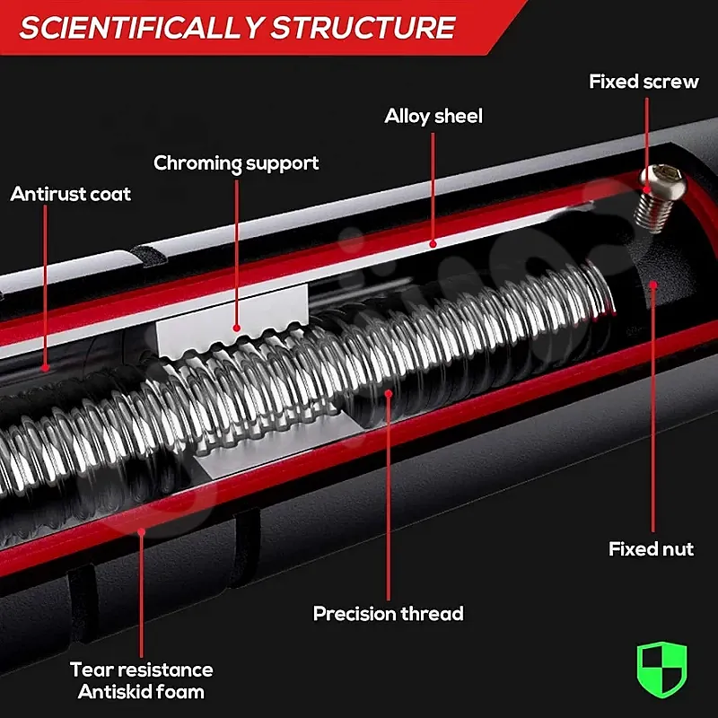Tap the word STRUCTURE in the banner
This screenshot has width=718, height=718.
click(363, 28)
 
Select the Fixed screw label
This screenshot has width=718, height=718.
click(644, 82)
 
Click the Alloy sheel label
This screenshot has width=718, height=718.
click(433, 117)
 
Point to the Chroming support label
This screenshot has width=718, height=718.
click(236, 164)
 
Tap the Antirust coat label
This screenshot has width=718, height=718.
click(71, 194)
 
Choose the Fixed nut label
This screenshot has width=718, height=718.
click(651, 548)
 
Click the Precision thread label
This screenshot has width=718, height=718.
click(389, 614)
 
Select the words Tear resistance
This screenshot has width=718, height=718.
click(142, 670)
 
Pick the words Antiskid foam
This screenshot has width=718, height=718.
click(141, 692)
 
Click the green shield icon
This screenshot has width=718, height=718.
click(661, 669)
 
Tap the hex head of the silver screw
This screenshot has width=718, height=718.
click(662, 182)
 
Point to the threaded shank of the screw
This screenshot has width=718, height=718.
click(653, 213)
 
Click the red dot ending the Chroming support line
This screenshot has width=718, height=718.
click(236, 328)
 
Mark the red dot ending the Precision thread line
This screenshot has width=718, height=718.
click(389, 393)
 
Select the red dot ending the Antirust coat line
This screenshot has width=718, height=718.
click(45, 367)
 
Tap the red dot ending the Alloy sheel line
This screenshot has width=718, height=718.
click(433, 244)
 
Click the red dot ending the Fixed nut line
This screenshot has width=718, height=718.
click(653, 285)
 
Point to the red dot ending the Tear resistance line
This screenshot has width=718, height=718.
click(142, 531)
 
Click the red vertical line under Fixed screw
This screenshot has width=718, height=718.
click(646, 144)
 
